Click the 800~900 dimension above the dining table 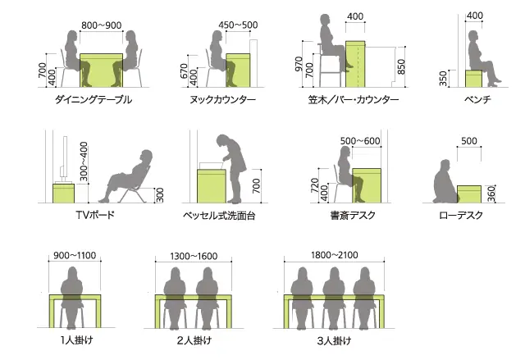point(102,25)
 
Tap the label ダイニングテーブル point(93,99)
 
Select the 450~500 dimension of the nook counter point(238,25)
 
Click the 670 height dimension point(184,71)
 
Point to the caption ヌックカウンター point(222,99)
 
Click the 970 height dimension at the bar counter point(299,64)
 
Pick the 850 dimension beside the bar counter point(401,66)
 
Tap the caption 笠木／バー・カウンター point(354,99)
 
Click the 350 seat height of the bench point(443,78)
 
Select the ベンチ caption point(477,99)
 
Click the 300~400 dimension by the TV point(84,162)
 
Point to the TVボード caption point(95,215)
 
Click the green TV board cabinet point(64,193)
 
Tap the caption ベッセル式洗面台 point(219,215)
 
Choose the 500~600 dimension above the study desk point(360,141)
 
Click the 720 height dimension point(314,185)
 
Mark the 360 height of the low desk point(491,194)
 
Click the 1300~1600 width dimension point(194,257)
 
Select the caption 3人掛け point(334,341)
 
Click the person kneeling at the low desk point(445,184)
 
